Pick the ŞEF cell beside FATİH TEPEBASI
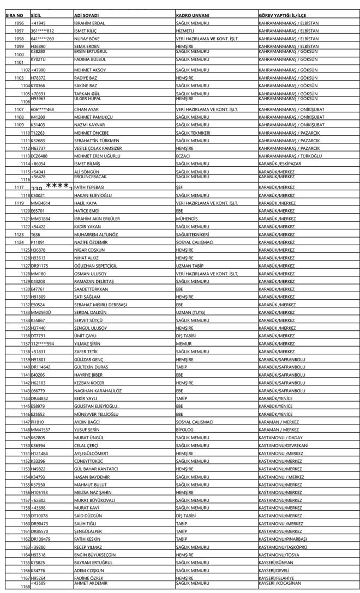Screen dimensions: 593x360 tap(180, 187)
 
